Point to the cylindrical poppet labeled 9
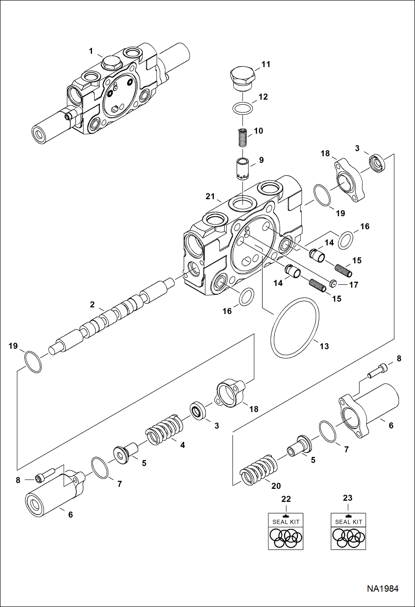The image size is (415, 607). (243, 169)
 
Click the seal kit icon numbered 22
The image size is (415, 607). (286, 531)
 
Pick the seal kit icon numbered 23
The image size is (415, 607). (348, 531)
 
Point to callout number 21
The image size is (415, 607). (210, 197)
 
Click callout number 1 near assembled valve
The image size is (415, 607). (91, 51)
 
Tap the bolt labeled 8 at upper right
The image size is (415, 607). (377, 371)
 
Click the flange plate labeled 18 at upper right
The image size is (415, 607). (349, 180)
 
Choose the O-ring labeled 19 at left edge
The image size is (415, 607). (33, 362)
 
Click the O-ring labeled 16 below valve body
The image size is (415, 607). (246, 296)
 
